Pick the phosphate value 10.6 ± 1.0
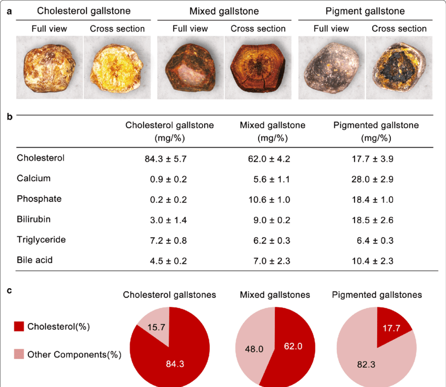(x=270, y=199)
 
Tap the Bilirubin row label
(x=34, y=219)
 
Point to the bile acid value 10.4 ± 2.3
(x=373, y=260)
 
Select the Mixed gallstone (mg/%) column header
(x=272, y=132)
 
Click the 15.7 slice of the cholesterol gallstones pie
(x=154, y=327)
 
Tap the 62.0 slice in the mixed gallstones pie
(x=293, y=347)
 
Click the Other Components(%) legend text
(x=74, y=354)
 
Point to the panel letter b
(x=9, y=116)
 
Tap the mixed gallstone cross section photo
(x=258, y=68)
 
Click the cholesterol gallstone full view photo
(x=49, y=68)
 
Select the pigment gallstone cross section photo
(x=399, y=68)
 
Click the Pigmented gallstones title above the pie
(x=377, y=295)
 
